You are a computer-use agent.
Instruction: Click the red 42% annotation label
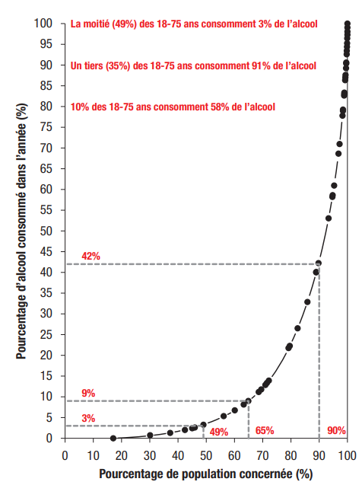(x=90, y=256)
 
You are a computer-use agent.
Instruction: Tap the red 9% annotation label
(x=88, y=393)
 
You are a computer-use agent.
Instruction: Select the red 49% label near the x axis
(x=219, y=432)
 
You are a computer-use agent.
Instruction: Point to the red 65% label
(x=265, y=430)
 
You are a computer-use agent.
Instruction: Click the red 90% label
(x=336, y=430)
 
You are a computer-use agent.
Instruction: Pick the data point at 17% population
(x=113, y=438)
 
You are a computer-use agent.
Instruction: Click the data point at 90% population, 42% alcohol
(x=319, y=263)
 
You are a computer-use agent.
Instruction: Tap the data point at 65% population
(x=248, y=401)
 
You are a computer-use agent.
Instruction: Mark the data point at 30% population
(x=150, y=436)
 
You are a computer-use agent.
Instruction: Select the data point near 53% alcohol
(x=329, y=219)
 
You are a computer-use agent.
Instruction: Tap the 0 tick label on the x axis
(x=65, y=455)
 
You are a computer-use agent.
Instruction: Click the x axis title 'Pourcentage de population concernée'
(x=195, y=474)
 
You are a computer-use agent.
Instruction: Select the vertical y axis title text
(x=21, y=231)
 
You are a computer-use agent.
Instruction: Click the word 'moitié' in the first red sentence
(x=95, y=24)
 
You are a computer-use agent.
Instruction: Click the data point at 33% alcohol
(x=307, y=302)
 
